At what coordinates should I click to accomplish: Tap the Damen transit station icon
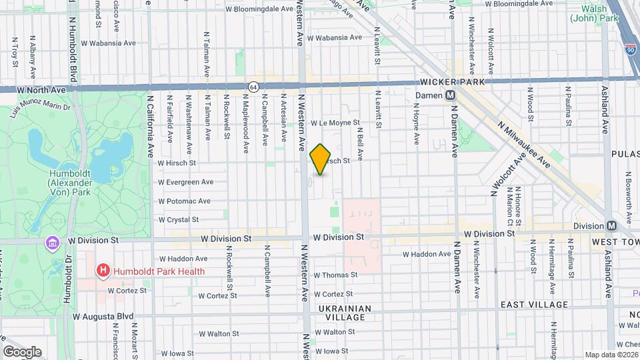point(451,95)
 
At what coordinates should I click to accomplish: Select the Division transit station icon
point(611,225)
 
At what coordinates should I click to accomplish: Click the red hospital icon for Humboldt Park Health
point(103,271)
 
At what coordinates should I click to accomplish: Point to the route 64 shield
point(253,87)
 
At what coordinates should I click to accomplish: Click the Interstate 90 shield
point(631,49)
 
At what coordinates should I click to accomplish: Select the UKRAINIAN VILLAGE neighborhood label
point(341,313)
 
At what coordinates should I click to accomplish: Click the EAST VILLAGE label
point(535,305)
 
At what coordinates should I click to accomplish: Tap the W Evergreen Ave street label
point(185,182)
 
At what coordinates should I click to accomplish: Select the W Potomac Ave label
point(184,201)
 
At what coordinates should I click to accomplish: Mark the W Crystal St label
point(178,219)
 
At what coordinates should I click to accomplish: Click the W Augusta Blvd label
point(103,317)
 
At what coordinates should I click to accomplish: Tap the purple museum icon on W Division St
point(51,242)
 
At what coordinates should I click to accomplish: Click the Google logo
point(22,351)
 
